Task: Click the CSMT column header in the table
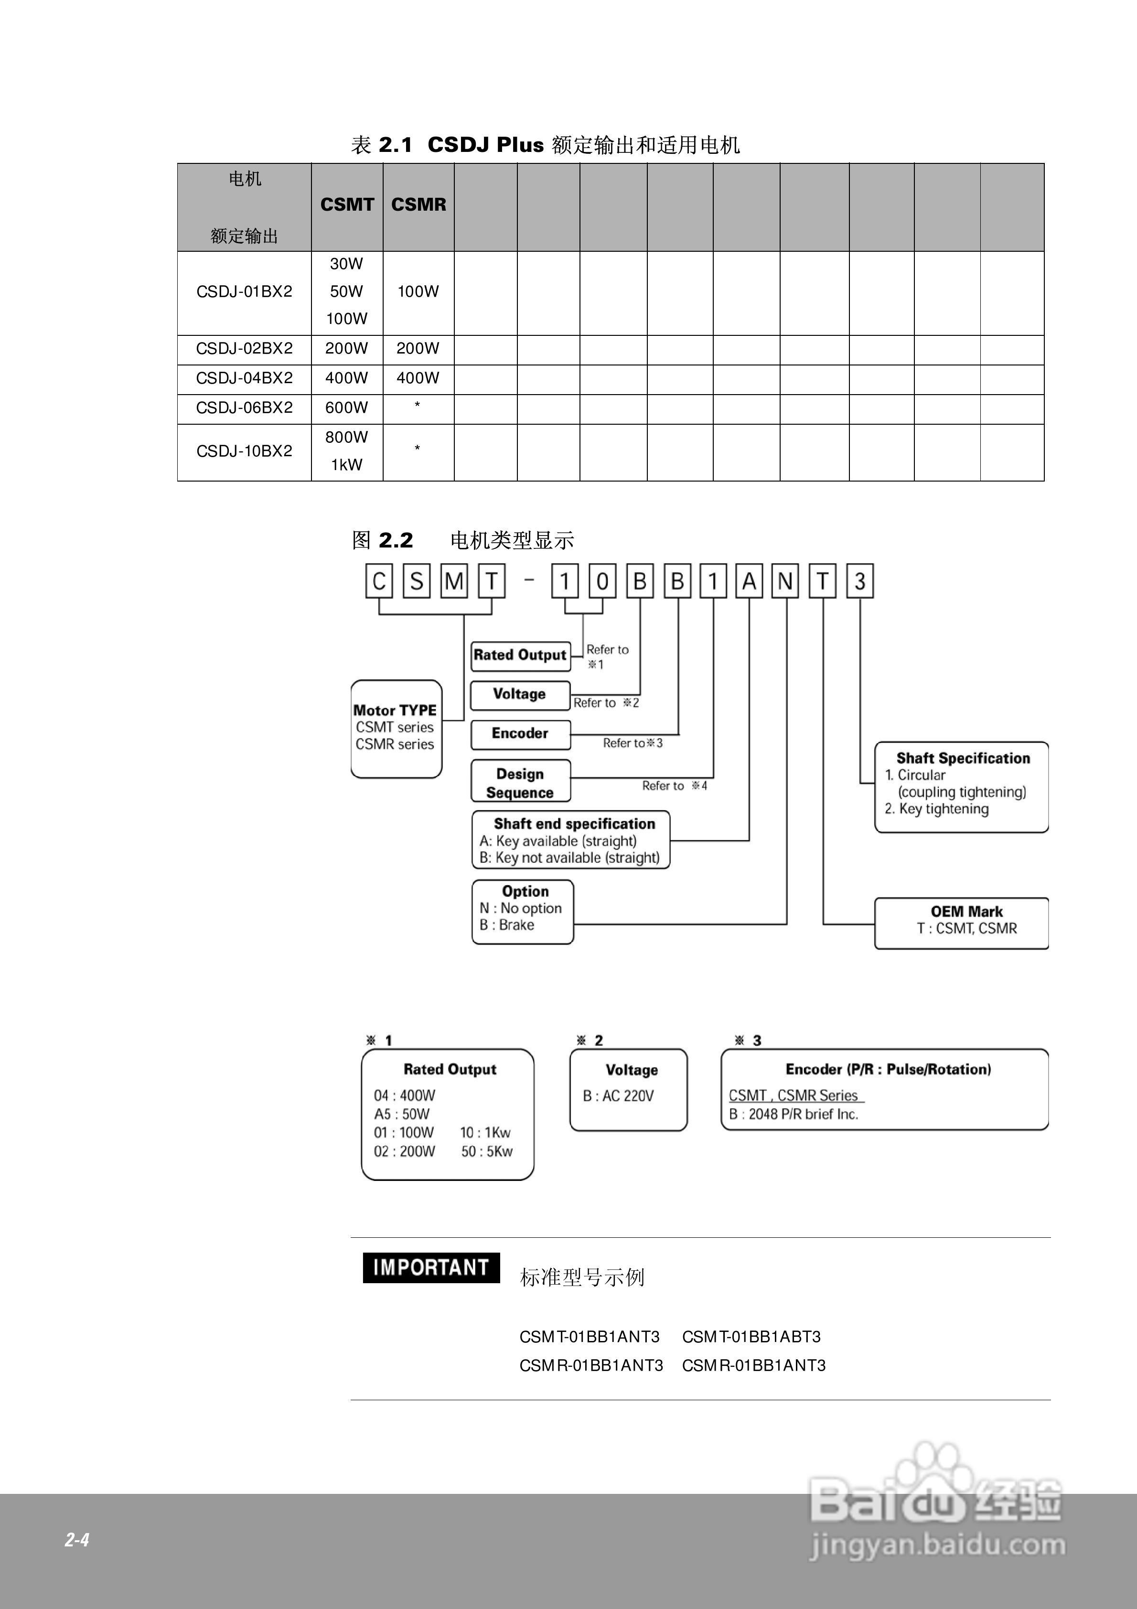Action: (x=347, y=204)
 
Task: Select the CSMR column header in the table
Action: (x=418, y=204)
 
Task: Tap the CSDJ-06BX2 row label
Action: (x=244, y=408)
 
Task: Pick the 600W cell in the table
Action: (x=346, y=408)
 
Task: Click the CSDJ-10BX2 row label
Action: (x=244, y=451)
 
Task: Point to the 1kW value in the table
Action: (x=346, y=465)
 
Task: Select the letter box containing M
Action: (x=453, y=582)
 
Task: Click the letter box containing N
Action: (x=785, y=582)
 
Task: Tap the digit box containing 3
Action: (x=860, y=582)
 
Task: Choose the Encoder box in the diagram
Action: (x=520, y=734)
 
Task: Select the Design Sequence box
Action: (x=520, y=783)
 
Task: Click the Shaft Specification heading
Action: (x=963, y=758)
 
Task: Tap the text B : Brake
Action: (x=507, y=925)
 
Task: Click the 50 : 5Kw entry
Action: (x=486, y=1151)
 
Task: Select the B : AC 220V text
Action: (x=618, y=1096)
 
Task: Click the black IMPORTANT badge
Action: (x=430, y=1268)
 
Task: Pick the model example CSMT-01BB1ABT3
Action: (x=751, y=1337)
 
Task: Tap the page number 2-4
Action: (x=77, y=1540)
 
